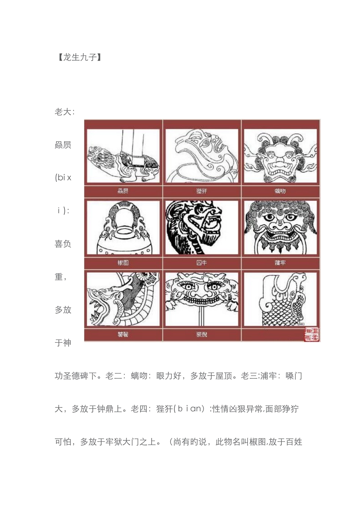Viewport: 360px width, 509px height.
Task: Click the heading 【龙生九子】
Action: (x=80, y=57)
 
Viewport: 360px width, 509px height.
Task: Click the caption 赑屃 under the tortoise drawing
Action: (x=123, y=191)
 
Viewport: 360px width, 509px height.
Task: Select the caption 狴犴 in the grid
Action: (x=202, y=191)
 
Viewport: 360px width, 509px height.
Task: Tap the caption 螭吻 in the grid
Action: (x=280, y=191)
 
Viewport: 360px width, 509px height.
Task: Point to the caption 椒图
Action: (x=123, y=263)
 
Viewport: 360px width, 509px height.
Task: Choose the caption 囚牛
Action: (x=202, y=263)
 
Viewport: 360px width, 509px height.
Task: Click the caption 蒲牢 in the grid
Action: (x=280, y=263)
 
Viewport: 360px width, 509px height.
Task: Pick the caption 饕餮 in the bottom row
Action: (x=123, y=334)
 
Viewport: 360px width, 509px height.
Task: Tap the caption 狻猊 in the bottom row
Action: (x=202, y=334)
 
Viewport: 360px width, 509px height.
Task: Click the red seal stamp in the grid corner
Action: (x=311, y=334)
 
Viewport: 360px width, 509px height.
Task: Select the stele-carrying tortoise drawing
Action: (x=123, y=156)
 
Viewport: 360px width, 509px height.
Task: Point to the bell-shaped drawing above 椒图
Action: (x=123, y=228)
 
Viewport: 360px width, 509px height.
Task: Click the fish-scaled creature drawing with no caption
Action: (x=280, y=299)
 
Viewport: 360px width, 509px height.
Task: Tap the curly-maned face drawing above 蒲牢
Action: (x=280, y=228)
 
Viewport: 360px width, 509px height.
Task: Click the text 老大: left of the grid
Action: (x=64, y=112)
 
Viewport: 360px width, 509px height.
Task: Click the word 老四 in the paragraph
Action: (x=139, y=409)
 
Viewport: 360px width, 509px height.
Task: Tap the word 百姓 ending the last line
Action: (x=294, y=442)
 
